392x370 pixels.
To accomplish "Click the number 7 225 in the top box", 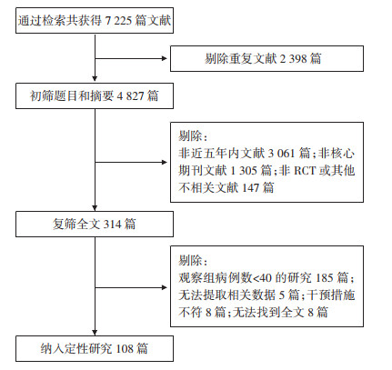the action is (118, 21).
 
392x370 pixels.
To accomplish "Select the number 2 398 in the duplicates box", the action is (293, 58).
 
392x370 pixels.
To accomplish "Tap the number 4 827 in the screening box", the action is (130, 96).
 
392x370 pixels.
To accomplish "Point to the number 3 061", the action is (281, 153).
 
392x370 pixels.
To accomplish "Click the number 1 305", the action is (244, 170).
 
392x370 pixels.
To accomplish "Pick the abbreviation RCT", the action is (305, 170).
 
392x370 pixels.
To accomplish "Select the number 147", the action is (250, 188).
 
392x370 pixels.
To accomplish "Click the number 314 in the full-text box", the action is (113, 225).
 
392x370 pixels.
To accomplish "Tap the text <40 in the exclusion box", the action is (262, 277).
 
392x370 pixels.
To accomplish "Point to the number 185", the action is (325, 277).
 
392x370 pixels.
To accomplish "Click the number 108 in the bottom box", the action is (125, 348).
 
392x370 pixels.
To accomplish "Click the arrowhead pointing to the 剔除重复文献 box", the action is (165, 58).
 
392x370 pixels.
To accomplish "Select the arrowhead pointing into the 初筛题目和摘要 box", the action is (95, 78).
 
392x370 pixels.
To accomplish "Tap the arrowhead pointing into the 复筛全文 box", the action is (95, 207).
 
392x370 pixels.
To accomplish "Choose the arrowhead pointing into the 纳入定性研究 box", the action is (95, 332).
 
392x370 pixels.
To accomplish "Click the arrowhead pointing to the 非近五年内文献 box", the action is (165, 162).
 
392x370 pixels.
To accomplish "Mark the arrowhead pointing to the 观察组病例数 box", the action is (165, 287).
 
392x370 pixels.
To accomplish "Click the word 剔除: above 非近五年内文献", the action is (193, 136).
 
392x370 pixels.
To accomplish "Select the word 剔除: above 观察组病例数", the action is (193, 260).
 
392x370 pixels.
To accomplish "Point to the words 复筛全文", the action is (76, 225).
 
